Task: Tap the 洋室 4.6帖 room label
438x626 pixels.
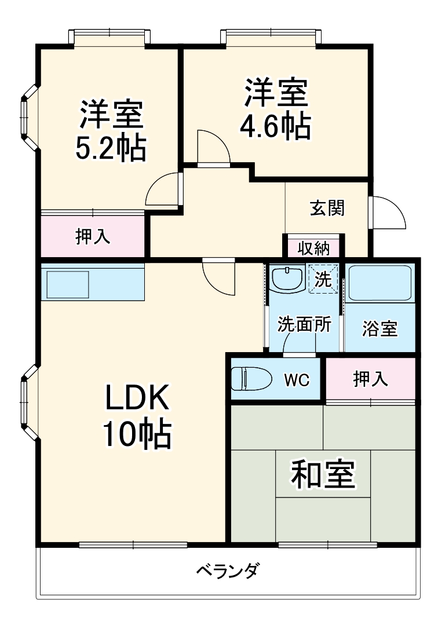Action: pyautogui.click(x=276, y=109)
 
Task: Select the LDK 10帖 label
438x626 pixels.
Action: pyautogui.click(x=137, y=416)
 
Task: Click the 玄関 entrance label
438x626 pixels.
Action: pyautogui.click(x=327, y=208)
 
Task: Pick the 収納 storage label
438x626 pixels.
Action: pyautogui.click(x=313, y=248)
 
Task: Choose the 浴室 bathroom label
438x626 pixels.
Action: pyautogui.click(x=379, y=328)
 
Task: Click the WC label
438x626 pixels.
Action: pyautogui.click(x=297, y=380)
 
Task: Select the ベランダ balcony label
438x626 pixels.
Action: pyautogui.click(x=228, y=570)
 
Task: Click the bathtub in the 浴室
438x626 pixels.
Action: pyautogui.click(x=379, y=283)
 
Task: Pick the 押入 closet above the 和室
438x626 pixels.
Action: pyautogui.click(x=370, y=379)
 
